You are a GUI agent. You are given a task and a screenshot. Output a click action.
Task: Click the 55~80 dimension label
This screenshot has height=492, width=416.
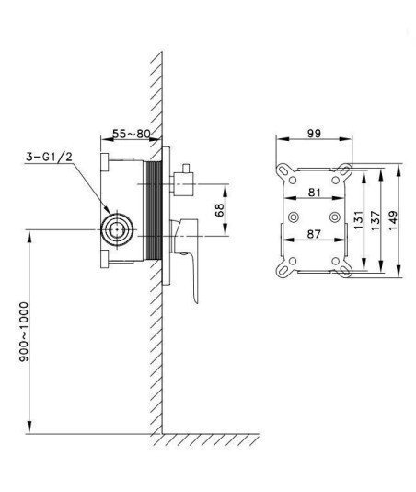coord(132,134)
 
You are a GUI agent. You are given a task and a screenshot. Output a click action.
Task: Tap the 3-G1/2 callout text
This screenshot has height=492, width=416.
coord(49,157)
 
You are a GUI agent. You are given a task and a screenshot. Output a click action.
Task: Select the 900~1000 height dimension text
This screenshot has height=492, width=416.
coord(24,332)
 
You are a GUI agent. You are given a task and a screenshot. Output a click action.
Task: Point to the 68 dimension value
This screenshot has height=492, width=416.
coord(219,210)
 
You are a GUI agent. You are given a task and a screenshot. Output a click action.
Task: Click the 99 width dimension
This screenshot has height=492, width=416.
coord(314,134)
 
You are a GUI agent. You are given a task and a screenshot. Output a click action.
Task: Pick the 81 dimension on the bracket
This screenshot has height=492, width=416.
coord(315,192)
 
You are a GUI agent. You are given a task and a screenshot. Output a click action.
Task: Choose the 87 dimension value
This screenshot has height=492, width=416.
coord(314,234)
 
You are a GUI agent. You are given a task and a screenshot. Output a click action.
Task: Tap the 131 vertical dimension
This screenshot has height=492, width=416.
coord(358,220)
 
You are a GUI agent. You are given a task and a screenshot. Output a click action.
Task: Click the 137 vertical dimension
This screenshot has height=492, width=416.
coord(375,220)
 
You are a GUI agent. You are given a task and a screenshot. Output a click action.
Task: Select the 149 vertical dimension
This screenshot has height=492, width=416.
coord(392,220)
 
